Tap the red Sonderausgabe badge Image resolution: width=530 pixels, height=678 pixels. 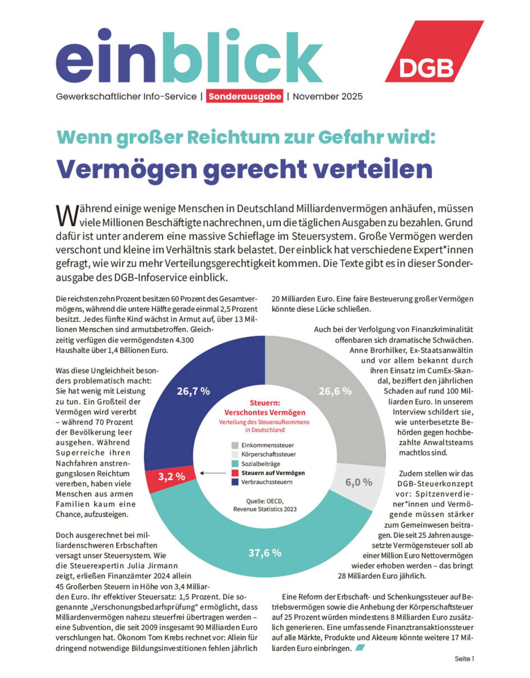pos(244,96)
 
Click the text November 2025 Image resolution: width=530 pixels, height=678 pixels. pos(327,96)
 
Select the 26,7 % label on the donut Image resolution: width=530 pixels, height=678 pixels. pos(193,391)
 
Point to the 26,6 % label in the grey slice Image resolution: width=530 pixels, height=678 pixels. pos(335,391)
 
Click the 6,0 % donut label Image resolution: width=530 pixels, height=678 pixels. pos(358,482)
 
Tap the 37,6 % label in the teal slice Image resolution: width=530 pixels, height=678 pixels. pos(265,553)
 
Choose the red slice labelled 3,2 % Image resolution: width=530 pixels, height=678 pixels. pos(171,476)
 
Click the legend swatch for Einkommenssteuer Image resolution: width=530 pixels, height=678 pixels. pos(235,445)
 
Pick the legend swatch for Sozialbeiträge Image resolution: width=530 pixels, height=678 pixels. pos(235,464)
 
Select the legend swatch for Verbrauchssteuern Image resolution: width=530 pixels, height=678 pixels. pos(235,482)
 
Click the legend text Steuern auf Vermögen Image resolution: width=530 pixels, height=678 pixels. pos(273,473)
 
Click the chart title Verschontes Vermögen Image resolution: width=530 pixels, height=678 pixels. pos(265,412)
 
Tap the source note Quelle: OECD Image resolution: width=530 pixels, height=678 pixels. pos(265,501)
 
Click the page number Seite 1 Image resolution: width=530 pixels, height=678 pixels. pos(464,659)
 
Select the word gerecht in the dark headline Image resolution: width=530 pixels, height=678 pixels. pos(255,169)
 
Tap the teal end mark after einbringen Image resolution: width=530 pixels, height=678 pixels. pos(360,648)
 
